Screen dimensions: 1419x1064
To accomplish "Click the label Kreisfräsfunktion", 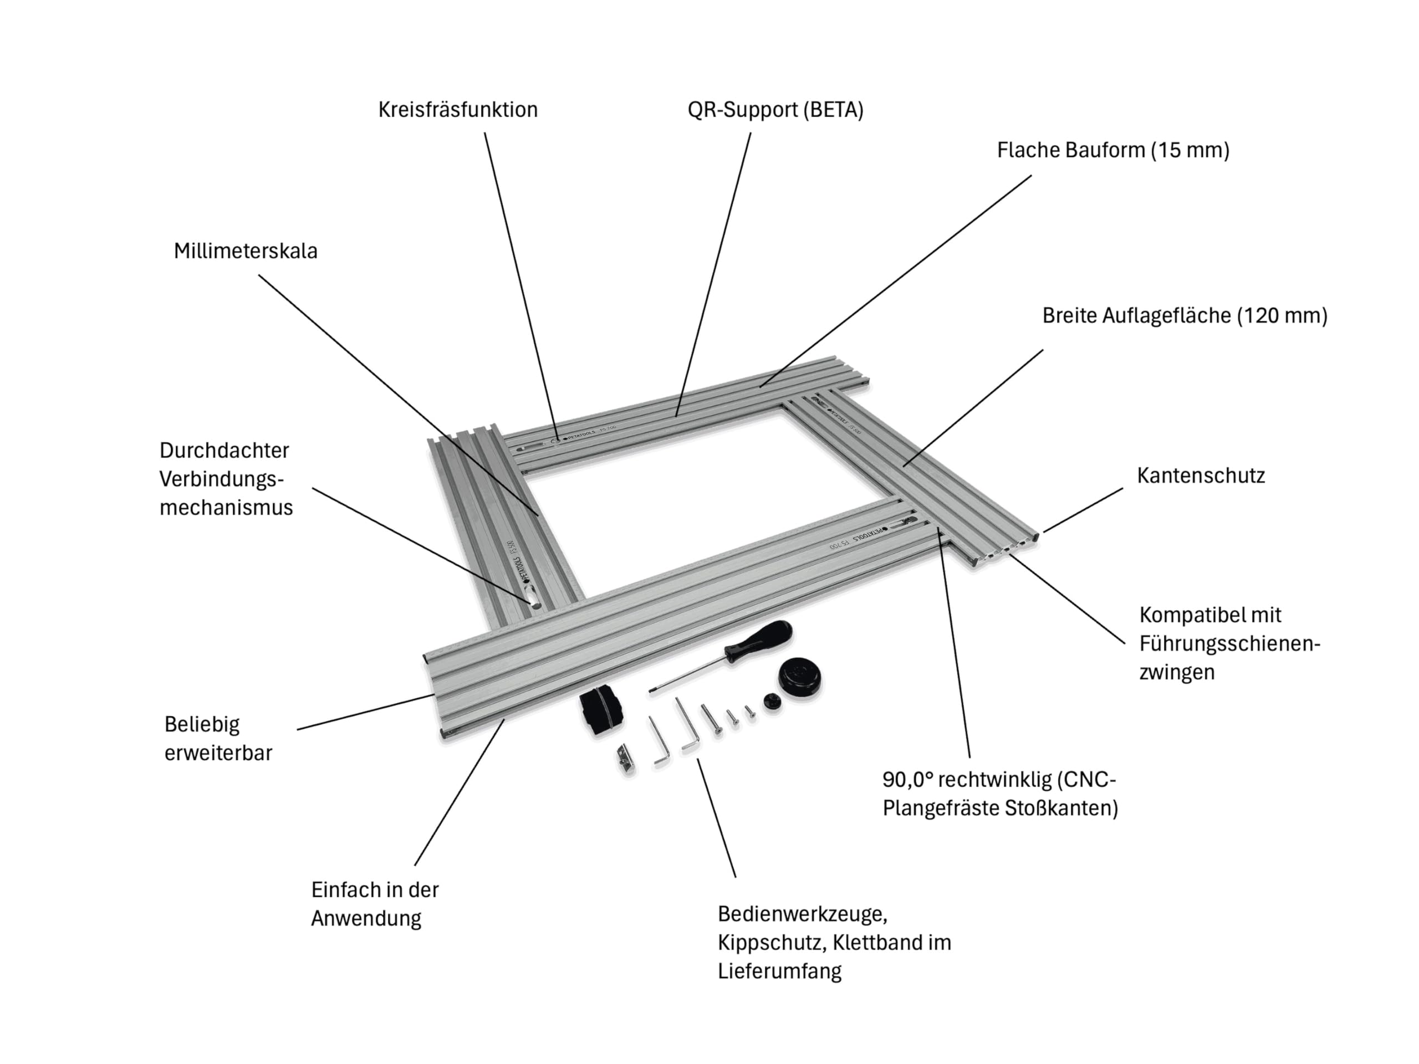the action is click(x=457, y=110).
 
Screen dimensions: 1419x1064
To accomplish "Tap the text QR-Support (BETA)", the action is click(x=775, y=110).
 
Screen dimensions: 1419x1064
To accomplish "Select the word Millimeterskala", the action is click(x=246, y=251).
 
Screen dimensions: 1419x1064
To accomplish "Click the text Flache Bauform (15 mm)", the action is click(x=1113, y=150).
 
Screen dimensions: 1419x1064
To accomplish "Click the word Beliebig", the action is click(x=202, y=725).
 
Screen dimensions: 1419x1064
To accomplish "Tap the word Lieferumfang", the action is click(x=779, y=971).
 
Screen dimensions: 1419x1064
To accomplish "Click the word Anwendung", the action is click(x=366, y=918).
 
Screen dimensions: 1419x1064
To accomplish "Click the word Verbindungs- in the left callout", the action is click(x=221, y=479).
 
